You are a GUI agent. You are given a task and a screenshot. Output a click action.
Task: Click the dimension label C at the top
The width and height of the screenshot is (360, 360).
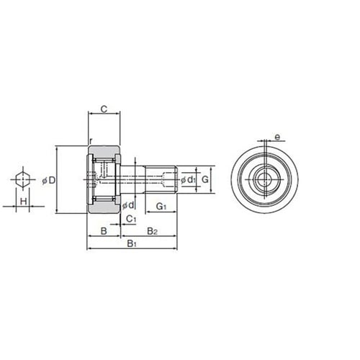click(x=104, y=109)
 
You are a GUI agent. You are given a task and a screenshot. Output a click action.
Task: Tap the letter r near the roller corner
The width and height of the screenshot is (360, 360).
click(x=91, y=141)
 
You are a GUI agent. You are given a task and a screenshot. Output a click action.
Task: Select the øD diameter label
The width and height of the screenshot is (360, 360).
click(x=49, y=180)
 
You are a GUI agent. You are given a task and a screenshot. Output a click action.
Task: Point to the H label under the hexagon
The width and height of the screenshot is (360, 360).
click(x=23, y=201)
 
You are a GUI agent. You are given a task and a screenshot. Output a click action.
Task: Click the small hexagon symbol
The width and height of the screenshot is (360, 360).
click(x=23, y=179)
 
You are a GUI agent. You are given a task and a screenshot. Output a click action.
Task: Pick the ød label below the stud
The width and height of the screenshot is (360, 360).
click(x=128, y=205)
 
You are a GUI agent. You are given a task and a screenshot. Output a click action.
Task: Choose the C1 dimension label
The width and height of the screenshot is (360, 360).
click(x=131, y=219)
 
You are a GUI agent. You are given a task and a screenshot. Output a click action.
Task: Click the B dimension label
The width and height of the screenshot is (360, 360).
click(x=104, y=231)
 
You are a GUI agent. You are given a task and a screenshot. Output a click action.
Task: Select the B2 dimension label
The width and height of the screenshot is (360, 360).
click(x=153, y=231)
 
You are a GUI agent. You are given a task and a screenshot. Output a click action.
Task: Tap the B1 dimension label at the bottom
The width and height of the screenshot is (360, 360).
click(x=132, y=243)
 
